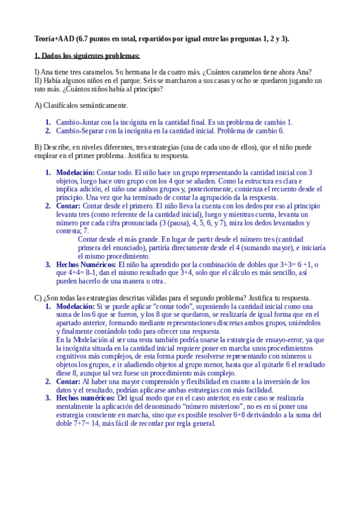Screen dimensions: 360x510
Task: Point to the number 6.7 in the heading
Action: [85, 39]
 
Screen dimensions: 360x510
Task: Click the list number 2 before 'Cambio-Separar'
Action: [48, 131]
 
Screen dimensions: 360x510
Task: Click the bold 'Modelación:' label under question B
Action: [75, 173]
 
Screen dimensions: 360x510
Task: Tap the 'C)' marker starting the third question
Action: [38, 298]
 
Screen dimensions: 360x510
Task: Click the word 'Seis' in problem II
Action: [154, 81]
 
